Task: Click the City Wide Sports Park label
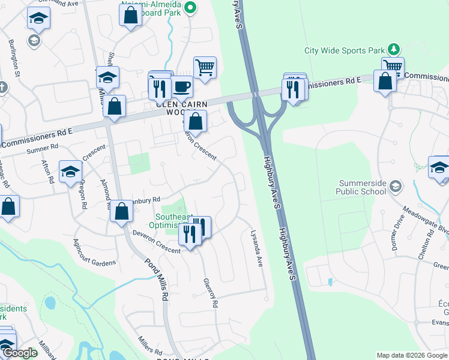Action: tap(344, 51)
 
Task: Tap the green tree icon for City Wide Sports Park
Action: tap(393, 49)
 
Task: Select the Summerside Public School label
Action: tap(354, 187)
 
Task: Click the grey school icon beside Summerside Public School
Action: tap(395, 187)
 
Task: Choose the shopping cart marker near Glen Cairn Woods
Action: tap(205, 67)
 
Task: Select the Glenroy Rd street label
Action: tap(209, 293)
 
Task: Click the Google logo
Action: tap(20, 353)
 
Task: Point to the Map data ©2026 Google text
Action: tap(411, 355)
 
